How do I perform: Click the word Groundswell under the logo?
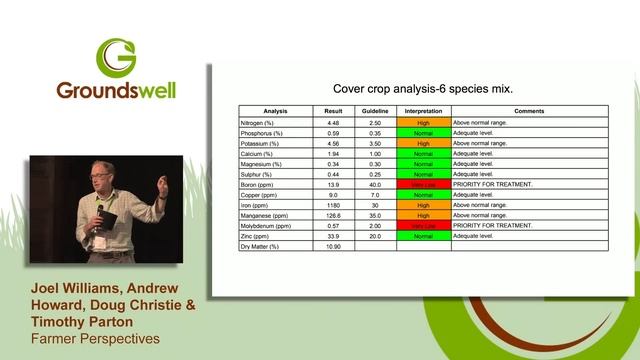(x=117, y=89)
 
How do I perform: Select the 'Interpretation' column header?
(x=423, y=111)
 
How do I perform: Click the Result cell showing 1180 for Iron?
(x=333, y=204)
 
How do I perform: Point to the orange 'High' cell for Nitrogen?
(x=423, y=122)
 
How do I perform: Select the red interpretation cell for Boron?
(x=423, y=184)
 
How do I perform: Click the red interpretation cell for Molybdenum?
(x=423, y=225)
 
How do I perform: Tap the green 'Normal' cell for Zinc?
(x=423, y=235)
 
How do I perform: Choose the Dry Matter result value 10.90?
(x=333, y=246)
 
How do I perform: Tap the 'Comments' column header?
(x=528, y=111)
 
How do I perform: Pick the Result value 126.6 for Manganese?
(x=333, y=215)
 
